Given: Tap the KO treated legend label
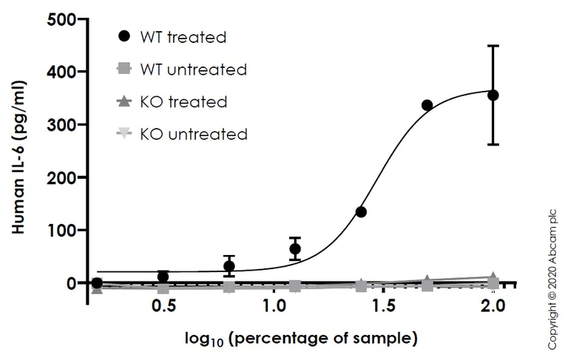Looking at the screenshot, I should (188, 101).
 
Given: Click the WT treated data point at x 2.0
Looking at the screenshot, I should (493, 95).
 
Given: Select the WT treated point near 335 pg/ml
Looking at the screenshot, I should (427, 106).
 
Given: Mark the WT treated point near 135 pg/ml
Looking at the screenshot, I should (361, 212).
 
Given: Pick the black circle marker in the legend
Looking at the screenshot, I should (124, 36).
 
